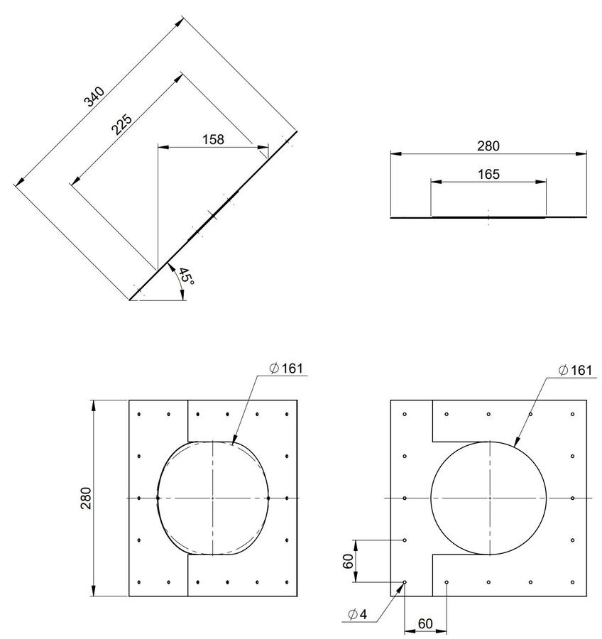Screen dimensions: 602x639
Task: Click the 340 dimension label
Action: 94,97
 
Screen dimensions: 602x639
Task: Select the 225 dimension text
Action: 122,124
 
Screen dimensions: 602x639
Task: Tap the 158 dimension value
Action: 213,139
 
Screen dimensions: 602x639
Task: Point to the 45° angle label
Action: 186,276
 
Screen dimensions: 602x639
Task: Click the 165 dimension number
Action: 488,175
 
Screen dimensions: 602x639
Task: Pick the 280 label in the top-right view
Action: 488,146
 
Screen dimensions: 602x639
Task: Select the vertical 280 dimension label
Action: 87,498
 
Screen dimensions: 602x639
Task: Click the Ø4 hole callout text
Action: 358,614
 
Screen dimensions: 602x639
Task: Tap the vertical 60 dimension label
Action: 348,561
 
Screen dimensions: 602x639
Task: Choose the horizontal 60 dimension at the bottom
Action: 425,623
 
